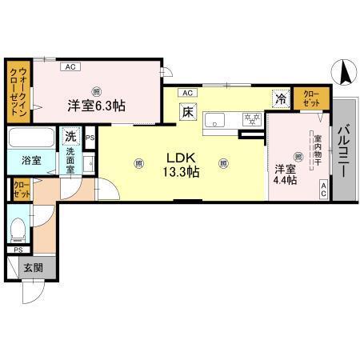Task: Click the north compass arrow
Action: [x=346, y=73]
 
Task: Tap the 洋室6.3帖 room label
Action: [x=94, y=106]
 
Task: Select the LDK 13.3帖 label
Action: [x=183, y=164]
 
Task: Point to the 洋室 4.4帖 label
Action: [x=286, y=174]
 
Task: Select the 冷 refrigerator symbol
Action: [x=281, y=99]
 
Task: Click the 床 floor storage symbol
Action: [x=188, y=112]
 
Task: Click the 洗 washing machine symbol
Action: [x=71, y=137]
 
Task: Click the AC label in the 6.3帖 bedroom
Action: [x=70, y=66]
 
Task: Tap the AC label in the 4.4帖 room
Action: [x=323, y=189]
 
